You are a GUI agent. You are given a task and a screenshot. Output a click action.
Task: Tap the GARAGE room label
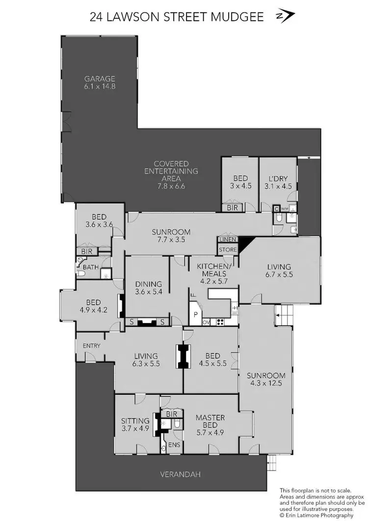[x=100, y=78]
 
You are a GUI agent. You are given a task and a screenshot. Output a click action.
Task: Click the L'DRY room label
[x=278, y=178]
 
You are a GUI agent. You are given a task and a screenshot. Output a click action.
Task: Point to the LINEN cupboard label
[x=228, y=240]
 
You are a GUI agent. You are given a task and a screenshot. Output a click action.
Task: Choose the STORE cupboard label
[x=228, y=250]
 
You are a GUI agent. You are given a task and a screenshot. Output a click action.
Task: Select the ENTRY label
[x=91, y=346]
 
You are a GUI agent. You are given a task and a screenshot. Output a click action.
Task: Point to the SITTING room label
[x=135, y=421]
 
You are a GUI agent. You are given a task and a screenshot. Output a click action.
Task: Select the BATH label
[x=90, y=267]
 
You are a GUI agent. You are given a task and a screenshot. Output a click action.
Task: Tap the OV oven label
[x=206, y=322]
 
